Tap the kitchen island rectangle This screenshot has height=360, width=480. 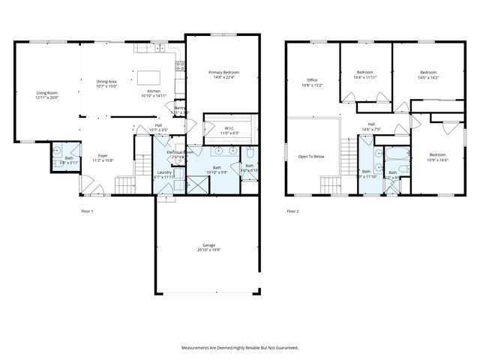coord(148,77)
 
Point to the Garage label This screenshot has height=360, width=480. coord(208,245)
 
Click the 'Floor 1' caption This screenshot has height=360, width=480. coord(88,211)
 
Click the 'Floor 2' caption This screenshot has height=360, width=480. coord(292,211)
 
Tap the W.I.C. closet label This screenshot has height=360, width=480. coord(229,128)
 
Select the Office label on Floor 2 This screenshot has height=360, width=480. coord(312,80)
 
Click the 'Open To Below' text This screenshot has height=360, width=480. coord(311,156)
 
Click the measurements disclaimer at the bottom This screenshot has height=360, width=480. coord(239,347)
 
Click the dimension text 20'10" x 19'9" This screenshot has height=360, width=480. coord(208,250)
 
